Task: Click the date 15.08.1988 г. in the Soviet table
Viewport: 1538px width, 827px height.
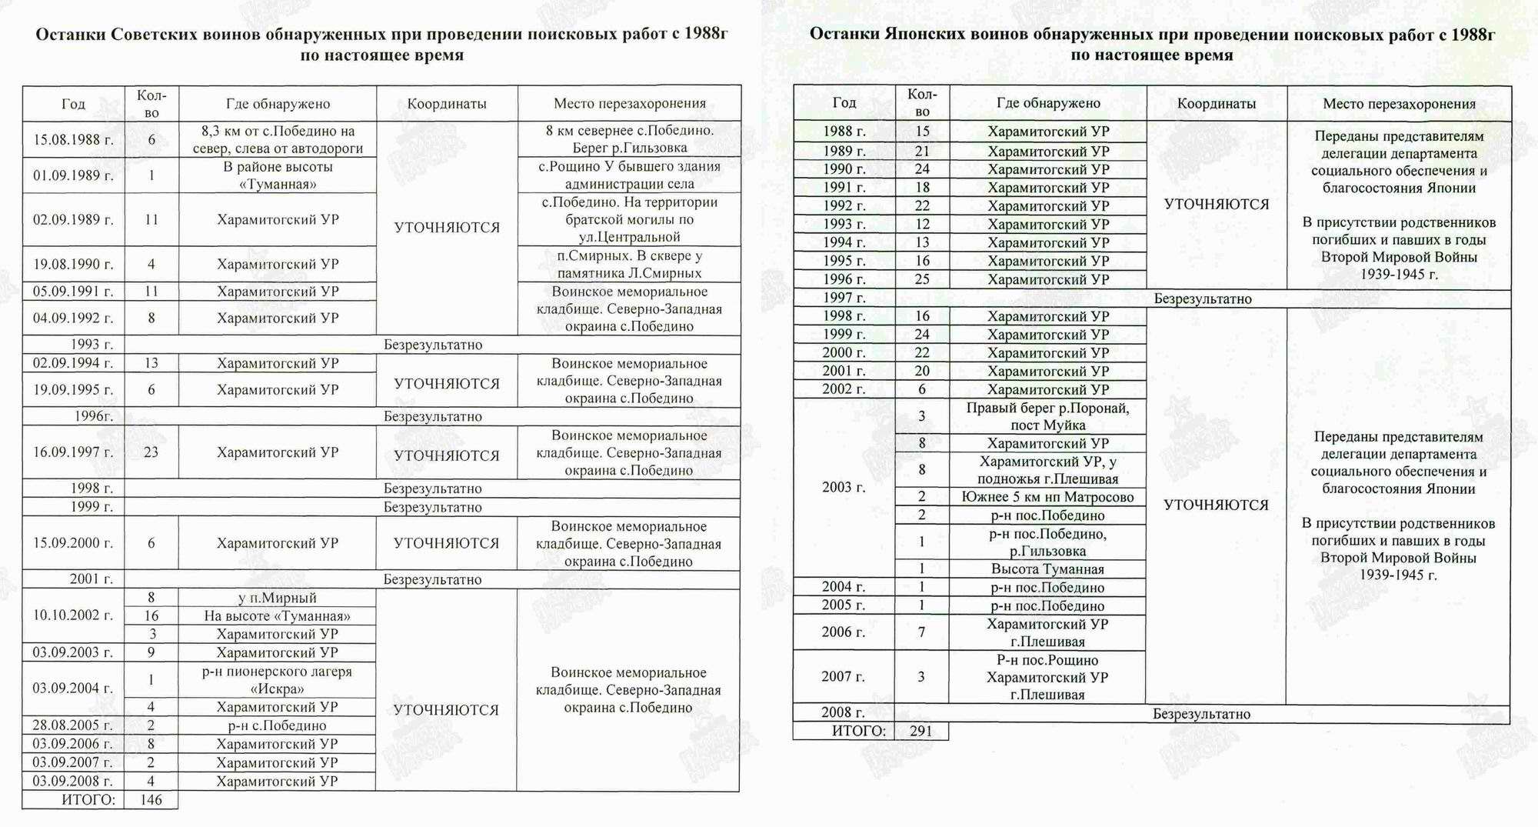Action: coord(73,140)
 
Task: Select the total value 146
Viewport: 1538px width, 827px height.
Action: coord(151,800)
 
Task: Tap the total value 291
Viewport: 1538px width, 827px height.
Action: coord(920,731)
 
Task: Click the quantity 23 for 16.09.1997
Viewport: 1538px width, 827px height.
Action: coord(151,452)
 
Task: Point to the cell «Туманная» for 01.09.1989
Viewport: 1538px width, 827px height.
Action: coord(278,175)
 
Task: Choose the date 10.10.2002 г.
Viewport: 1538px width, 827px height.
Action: coord(73,615)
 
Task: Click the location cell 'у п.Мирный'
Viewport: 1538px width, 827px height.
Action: coord(278,598)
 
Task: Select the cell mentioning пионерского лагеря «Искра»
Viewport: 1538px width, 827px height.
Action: coord(278,679)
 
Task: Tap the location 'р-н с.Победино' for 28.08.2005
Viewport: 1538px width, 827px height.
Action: coord(278,725)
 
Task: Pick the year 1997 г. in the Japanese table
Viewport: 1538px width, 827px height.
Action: coord(844,298)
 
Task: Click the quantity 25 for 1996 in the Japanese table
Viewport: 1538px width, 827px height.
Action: coord(922,279)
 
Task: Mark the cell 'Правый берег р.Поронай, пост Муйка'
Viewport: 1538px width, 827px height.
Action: coord(1048,416)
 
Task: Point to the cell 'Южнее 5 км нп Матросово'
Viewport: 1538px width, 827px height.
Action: coord(1048,497)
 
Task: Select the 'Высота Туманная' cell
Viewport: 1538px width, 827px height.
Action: coord(1048,569)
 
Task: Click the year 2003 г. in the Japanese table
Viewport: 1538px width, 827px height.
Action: coord(844,487)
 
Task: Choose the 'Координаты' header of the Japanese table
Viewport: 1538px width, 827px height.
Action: coord(1217,103)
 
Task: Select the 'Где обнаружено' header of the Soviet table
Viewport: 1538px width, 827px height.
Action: coord(278,104)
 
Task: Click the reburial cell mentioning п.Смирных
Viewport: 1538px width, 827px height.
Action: coord(630,264)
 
